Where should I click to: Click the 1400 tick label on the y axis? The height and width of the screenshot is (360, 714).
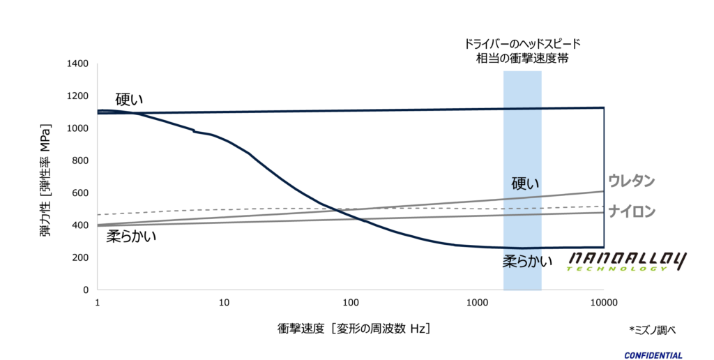[77, 64]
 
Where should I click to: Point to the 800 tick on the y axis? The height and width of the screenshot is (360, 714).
[80, 161]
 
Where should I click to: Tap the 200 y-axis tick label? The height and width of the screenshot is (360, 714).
[80, 257]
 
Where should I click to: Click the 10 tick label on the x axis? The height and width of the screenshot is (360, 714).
[224, 303]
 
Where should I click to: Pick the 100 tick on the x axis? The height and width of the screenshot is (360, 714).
[350, 303]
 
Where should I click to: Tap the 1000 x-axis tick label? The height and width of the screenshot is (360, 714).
[477, 303]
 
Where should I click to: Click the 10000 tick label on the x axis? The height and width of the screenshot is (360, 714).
[602, 303]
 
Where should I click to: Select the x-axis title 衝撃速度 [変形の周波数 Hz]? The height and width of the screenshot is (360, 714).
[353, 327]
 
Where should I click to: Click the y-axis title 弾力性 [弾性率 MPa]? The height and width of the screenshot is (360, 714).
[46, 181]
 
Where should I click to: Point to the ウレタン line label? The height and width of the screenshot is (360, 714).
[632, 181]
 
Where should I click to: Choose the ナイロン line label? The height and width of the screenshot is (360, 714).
[632, 211]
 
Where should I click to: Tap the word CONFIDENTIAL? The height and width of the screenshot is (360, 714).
[653, 355]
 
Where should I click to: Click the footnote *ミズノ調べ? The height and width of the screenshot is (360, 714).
[653, 329]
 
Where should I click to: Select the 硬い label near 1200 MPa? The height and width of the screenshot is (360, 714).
[129, 99]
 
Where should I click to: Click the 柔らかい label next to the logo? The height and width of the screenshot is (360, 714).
[528, 262]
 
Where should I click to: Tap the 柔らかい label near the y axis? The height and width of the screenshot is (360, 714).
[131, 236]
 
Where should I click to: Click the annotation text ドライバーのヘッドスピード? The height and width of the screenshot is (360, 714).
[522, 43]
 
